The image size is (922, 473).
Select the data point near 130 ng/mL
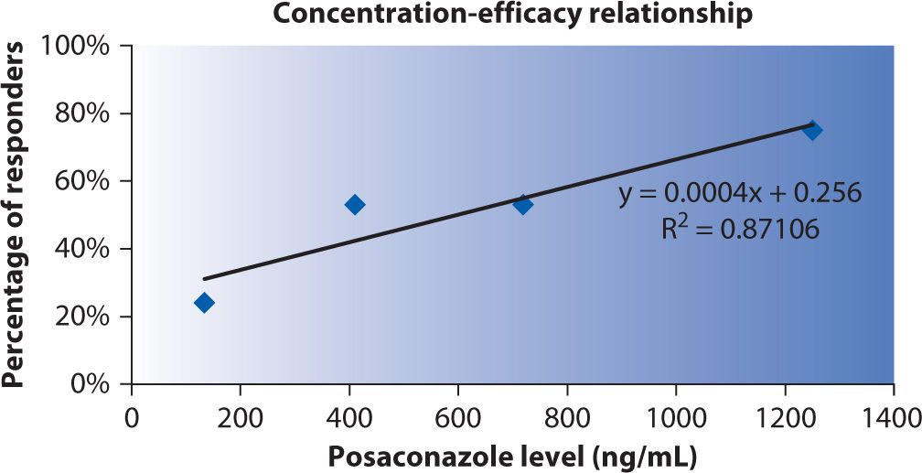(x=205, y=303)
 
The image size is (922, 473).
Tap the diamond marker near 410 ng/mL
(x=355, y=204)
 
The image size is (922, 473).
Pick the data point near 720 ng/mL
(x=522, y=204)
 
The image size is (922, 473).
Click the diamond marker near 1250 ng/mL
(x=811, y=130)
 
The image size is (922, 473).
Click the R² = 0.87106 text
(x=740, y=229)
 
